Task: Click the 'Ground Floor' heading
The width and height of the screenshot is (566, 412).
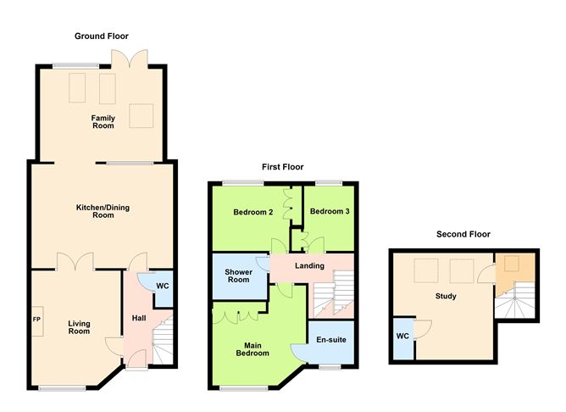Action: [101, 36]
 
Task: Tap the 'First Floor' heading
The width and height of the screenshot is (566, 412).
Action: [283, 167]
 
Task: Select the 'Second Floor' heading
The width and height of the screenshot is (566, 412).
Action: [463, 234]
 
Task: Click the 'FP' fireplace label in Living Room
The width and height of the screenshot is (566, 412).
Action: [36, 320]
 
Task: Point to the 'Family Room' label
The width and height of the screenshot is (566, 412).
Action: [103, 122]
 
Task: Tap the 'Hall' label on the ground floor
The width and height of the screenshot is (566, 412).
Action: [137, 318]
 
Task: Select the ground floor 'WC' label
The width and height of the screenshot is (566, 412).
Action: [162, 287]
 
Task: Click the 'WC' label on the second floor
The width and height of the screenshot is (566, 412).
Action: [403, 336]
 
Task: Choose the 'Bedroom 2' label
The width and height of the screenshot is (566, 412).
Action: [252, 212]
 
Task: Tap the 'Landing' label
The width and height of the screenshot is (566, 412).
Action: [309, 265]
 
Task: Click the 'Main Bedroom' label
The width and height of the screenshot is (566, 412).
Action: [253, 348]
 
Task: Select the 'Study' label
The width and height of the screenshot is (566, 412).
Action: [446, 297]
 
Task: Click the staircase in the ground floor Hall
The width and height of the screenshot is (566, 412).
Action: [164, 339]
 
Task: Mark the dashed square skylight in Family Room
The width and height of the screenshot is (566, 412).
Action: [141, 116]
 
